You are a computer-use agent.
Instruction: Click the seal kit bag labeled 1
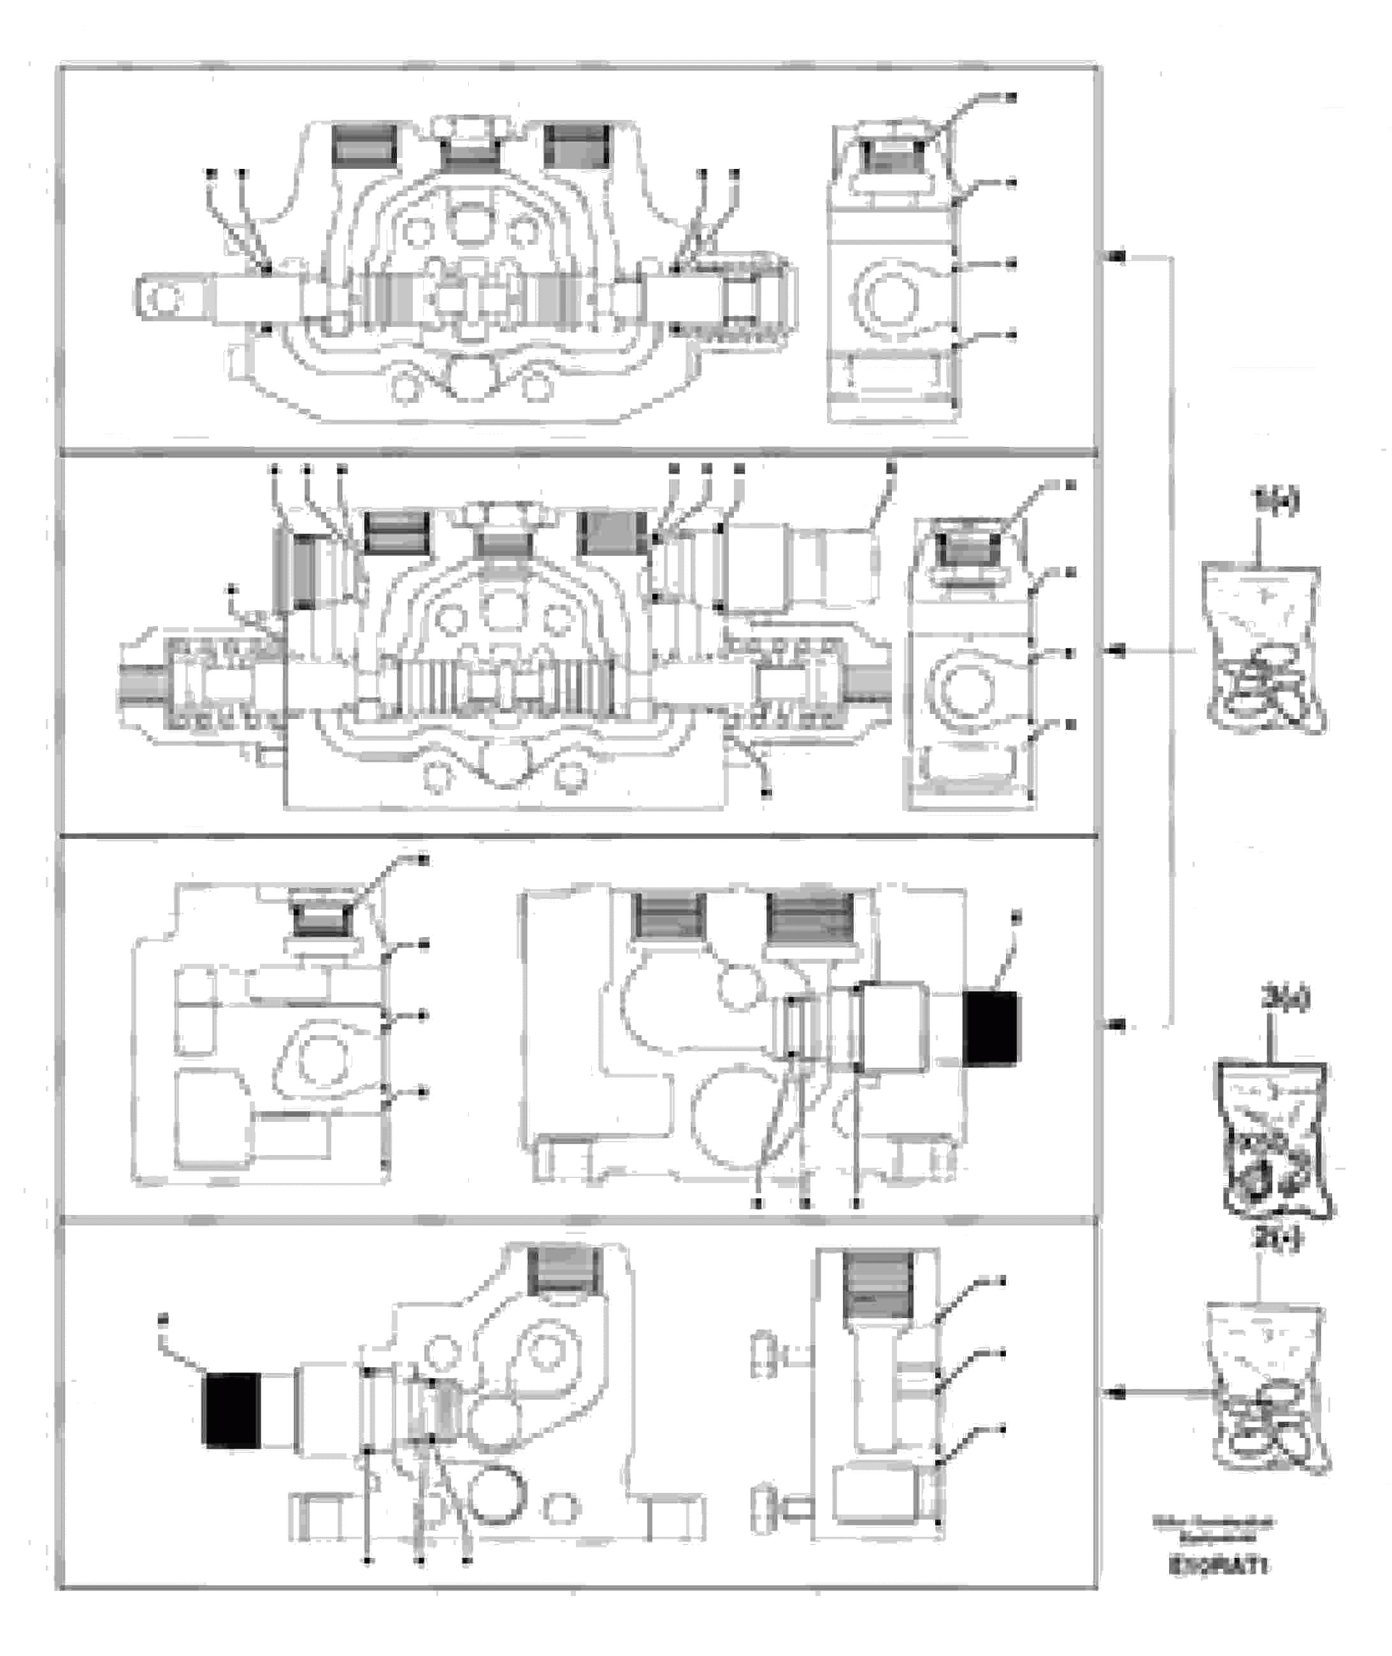pyautogui.click(x=1260, y=650)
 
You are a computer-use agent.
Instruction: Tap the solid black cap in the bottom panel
pyautogui.click(x=232, y=1410)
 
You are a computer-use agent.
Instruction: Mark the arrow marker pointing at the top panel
pyautogui.click(x=1117, y=258)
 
